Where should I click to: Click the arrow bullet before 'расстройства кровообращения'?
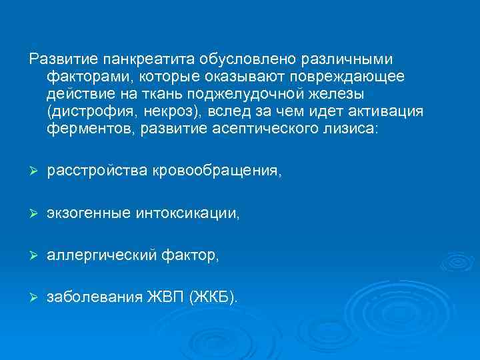tap(33, 172)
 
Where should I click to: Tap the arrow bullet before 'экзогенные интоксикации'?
tap(33, 213)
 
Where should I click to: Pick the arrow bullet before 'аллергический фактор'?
tap(33, 255)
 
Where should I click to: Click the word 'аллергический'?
tap(102, 255)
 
